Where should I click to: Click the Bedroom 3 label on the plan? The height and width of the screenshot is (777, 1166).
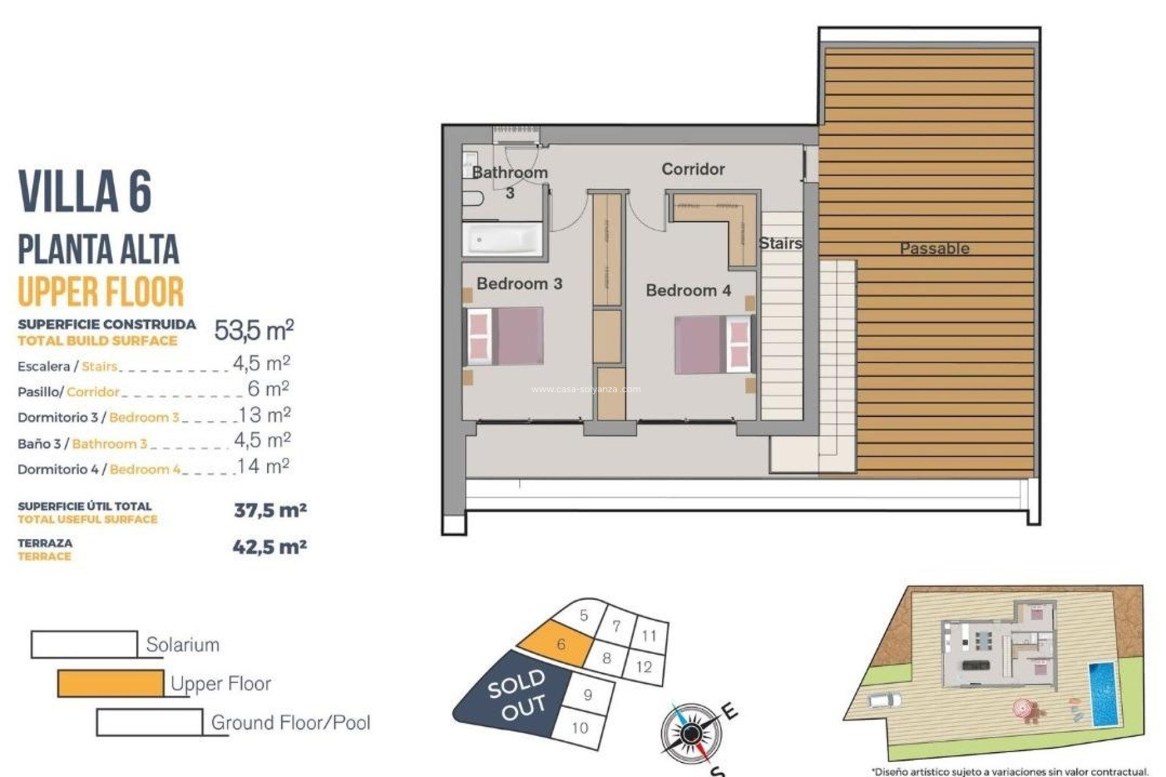click(x=519, y=283)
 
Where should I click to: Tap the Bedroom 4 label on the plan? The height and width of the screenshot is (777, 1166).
click(x=688, y=290)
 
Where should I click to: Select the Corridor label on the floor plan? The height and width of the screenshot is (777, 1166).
click(x=693, y=169)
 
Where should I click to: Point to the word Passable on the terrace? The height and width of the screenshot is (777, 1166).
click(x=934, y=248)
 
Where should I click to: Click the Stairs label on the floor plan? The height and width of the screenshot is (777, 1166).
click(x=780, y=243)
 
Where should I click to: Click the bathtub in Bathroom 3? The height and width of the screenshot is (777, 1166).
click(x=502, y=239)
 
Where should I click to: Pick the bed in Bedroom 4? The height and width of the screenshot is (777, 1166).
click(x=713, y=344)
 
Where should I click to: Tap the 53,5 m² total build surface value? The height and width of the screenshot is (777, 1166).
click(x=254, y=330)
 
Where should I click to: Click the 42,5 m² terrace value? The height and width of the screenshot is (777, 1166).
click(x=270, y=547)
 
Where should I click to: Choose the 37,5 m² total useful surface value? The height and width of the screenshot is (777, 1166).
click(x=270, y=510)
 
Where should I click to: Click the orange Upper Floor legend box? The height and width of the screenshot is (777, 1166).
click(x=111, y=684)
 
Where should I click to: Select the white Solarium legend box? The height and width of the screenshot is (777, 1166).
click(x=84, y=645)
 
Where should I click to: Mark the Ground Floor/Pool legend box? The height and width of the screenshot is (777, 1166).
click(x=149, y=722)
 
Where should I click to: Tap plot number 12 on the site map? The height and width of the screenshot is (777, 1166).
click(x=644, y=667)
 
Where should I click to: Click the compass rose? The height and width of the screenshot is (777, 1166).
click(x=690, y=733)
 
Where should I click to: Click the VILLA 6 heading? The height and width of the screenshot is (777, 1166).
click(x=85, y=192)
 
